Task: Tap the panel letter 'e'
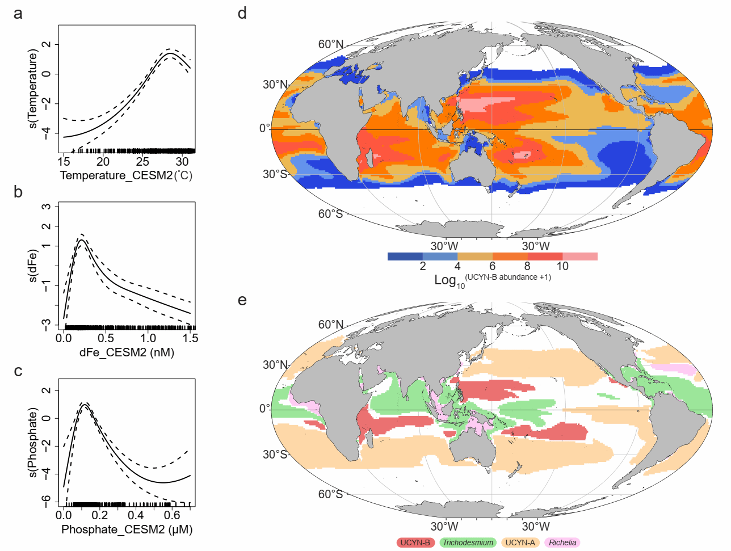coord(242,299)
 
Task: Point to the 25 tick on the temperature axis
coord(142,162)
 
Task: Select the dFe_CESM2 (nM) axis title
coord(127,352)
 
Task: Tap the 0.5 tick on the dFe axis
coord(106,338)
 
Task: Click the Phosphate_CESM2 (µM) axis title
coord(127,529)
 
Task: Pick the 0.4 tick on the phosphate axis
coord(136,515)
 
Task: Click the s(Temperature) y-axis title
coord(33,89)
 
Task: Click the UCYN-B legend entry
coord(415,542)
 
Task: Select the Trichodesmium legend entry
coord(468,542)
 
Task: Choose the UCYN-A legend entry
coord(520,542)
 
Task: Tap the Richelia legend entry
coord(562,542)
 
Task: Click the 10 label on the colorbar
coord(562,266)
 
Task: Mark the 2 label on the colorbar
coord(423,266)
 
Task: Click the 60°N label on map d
coord(330,44)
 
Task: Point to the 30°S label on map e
coord(275,455)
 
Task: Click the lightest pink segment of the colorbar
coord(580,256)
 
